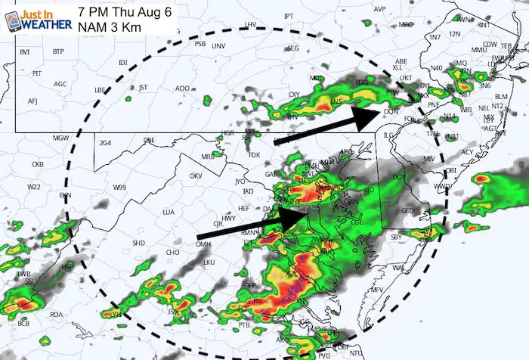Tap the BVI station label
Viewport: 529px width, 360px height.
[24, 51]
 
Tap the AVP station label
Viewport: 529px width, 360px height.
[379, 9]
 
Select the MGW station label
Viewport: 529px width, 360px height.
[60, 137]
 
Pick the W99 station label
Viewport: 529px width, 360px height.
[120, 187]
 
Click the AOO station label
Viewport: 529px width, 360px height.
[182, 88]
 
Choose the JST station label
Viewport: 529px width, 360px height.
[143, 87]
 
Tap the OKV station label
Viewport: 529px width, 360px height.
[196, 175]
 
